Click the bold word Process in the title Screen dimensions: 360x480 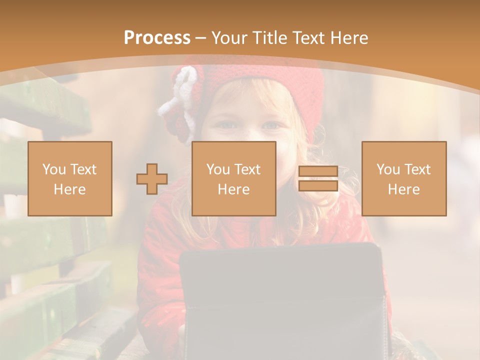click(x=157, y=38)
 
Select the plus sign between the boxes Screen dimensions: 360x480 click(x=152, y=179)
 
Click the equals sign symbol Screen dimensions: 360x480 click(x=318, y=178)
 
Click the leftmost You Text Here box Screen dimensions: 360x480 click(x=70, y=178)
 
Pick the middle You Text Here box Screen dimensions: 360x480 click(x=233, y=178)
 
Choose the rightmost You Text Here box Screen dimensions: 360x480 click(x=403, y=178)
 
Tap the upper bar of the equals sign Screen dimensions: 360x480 click(x=318, y=171)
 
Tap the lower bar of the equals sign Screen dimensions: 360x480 click(x=318, y=186)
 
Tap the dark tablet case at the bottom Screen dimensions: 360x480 click(x=282, y=300)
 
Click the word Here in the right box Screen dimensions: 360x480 click(x=403, y=189)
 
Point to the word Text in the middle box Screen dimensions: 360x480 click(x=247, y=169)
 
